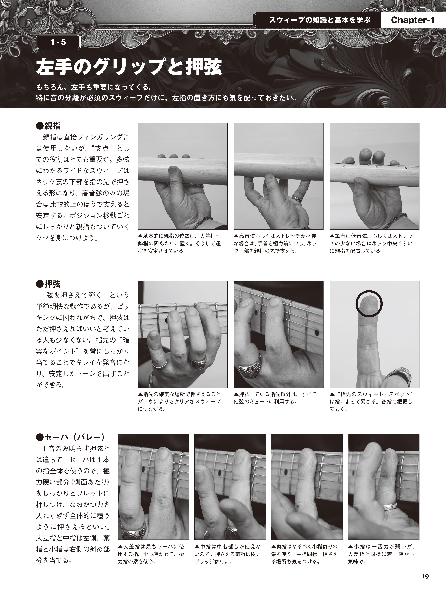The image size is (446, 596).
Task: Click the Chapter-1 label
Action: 413,20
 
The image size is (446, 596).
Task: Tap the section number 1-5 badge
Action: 58,42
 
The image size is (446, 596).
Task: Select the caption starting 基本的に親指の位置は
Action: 179,243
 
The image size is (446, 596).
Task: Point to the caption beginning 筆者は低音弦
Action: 371,243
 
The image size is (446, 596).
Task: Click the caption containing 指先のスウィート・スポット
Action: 372,401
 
